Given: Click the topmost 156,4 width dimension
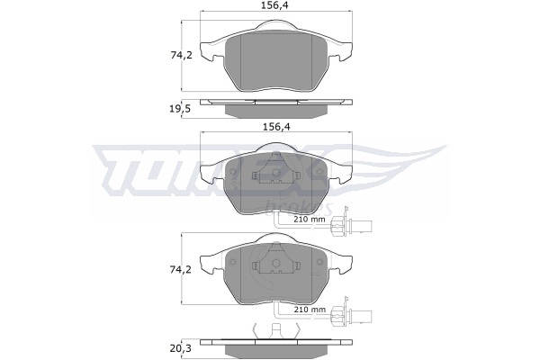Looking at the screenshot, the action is click(277, 4).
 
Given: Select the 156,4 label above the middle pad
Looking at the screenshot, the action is click(277, 127).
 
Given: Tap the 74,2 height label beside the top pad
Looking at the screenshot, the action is click(182, 55).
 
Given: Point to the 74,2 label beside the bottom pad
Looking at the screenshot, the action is click(182, 269).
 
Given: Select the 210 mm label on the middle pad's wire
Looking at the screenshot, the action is click(310, 219).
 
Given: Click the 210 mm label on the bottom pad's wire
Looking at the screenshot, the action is click(310, 310).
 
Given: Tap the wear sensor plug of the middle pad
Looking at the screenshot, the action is click(351, 226).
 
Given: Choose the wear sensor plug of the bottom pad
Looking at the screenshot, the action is click(351, 316).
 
